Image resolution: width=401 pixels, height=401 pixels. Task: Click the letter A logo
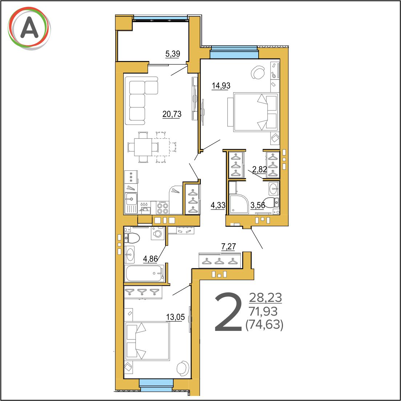pyautogui.click(x=29, y=28)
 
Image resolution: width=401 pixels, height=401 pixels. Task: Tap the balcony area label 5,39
pyautogui.click(x=173, y=54)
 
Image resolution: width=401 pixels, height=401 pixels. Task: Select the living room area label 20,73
pyautogui.click(x=172, y=114)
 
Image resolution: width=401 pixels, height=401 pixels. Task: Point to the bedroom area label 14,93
pyautogui.click(x=221, y=86)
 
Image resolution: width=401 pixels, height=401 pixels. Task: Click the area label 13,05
pyautogui.click(x=175, y=317)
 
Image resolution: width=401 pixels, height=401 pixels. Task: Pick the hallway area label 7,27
pyautogui.click(x=228, y=247)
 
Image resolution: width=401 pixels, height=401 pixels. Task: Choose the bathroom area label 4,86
pyautogui.click(x=150, y=259)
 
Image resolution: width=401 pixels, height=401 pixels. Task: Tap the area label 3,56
pyautogui.click(x=258, y=205)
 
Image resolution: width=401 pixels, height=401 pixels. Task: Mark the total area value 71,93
pyautogui.click(x=263, y=312)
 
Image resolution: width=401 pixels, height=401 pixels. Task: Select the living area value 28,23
pyautogui.click(x=266, y=298)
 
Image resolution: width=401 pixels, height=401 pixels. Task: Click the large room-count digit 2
pyautogui.click(x=228, y=312)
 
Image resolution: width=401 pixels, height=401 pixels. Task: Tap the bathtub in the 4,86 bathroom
pyautogui.click(x=144, y=273)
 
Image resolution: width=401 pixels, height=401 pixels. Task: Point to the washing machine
pyautogui.click(x=158, y=233)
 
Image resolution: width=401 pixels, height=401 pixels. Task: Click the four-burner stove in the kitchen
pyautogui.click(x=162, y=207)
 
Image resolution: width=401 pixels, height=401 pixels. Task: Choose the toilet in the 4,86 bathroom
pyautogui.click(x=132, y=238)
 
